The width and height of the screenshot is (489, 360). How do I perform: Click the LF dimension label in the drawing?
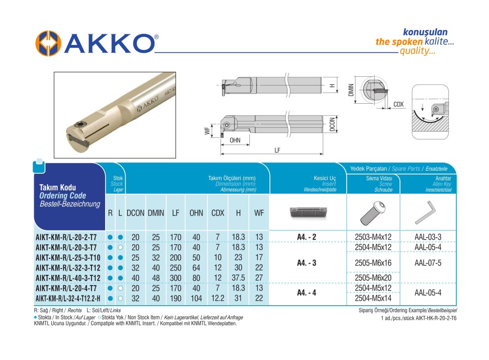277,150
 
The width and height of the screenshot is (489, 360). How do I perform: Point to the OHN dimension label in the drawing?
235,140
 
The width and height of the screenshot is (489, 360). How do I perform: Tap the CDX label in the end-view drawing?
399,105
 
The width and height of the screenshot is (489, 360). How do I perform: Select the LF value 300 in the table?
176,278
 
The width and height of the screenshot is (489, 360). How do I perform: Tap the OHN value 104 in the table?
196,298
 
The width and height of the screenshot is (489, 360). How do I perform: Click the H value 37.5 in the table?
238,278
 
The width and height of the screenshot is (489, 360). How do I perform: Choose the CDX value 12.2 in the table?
217,298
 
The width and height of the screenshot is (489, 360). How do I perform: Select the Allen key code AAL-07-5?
428,263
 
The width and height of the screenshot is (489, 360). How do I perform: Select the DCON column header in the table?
135,214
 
